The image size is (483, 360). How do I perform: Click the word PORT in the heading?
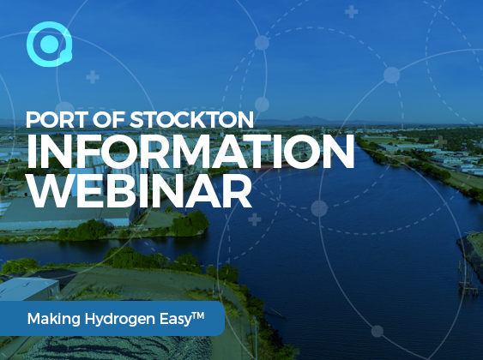click(x=51, y=120)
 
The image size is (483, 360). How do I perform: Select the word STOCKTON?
click(x=191, y=120)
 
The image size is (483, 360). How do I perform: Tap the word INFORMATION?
click(x=190, y=151)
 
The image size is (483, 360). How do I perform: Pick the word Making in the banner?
click(x=54, y=319)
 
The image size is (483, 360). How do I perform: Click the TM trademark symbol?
click(x=198, y=315)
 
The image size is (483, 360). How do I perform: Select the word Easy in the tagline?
click(x=176, y=319)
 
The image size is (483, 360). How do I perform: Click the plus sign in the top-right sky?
click(x=351, y=12)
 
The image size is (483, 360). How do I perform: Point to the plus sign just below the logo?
click(x=93, y=77)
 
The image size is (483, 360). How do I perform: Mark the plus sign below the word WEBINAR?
click(x=255, y=219)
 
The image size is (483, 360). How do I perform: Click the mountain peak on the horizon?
click(x=306, y=117)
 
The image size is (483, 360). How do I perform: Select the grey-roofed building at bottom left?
click(x=29, y=288)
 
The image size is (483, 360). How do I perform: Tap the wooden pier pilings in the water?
click(x=468, y=281)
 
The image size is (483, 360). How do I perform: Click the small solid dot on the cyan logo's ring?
click(x=66, y=56)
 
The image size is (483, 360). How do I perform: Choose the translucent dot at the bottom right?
click(x=377, y=332)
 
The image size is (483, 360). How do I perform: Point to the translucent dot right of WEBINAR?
click(x=319, y=208)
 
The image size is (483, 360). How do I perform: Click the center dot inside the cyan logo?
click(x=49, y=44)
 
